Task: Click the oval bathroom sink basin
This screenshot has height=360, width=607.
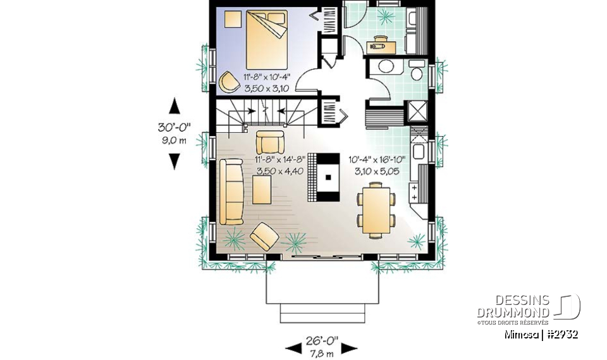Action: [x=384, y=68]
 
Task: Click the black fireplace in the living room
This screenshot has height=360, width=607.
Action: [x=328, y=177]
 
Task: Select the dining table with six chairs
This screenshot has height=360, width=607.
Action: [x=377, y=209]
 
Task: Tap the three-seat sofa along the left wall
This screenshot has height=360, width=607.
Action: [x=232, y=191]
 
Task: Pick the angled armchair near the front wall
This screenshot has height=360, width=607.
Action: [x=264, y=237]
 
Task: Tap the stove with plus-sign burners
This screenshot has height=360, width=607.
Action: [x=416, y=189]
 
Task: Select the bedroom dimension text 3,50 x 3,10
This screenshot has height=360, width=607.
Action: [x=266, y=89]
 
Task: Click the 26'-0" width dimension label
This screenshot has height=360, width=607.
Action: [x=321, y=341]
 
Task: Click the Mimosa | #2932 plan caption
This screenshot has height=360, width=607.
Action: [x=541, y=334]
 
